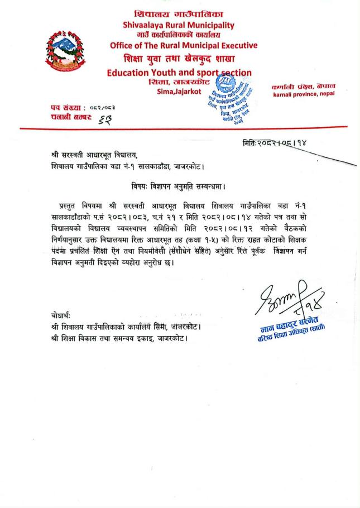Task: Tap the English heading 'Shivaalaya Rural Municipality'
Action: (179, 25)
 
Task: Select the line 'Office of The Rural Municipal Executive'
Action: (184, 46)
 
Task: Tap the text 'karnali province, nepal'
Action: (304, 94)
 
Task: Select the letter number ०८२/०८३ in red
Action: (107, 107)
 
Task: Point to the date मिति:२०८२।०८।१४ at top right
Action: (274, 143)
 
